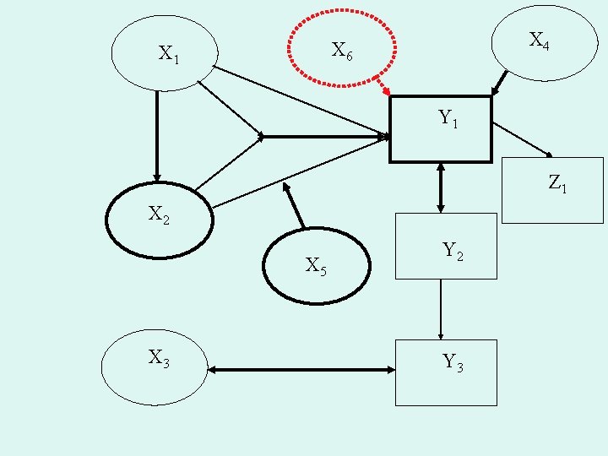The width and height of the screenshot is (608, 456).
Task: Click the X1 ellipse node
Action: (x=165, y=53)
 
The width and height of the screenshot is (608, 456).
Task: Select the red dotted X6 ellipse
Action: (x=341, y=48)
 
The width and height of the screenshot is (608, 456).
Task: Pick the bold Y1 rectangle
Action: (x=440, y=128)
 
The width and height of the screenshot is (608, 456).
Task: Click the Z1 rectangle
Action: (x=552, y=190)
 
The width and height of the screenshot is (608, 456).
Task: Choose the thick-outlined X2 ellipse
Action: (x=159, y=220)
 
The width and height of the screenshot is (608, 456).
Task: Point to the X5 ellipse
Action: (x=316, y=266)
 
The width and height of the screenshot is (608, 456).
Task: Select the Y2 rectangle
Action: (x=446, y=246)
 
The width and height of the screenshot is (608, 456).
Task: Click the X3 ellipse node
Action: (x=154, y=367)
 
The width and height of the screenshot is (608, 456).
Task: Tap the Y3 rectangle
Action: (x=446, y=372)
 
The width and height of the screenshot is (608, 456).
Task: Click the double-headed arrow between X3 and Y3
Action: (x=301, y=370)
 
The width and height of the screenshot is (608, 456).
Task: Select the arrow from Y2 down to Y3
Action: (x=441, y=309)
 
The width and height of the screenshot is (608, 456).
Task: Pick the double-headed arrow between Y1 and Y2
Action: (x=441, y=187)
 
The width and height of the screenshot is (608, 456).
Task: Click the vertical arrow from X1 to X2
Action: (x=156, y=135)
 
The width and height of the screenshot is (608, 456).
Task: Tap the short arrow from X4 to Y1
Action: (x=499, y=83)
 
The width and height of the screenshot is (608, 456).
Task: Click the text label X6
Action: (x=342, y=52)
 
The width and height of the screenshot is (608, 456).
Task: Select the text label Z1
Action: (x=557, y=182)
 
